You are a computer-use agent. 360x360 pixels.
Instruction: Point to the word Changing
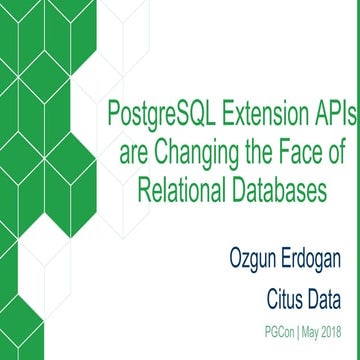(x=193, y=155)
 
